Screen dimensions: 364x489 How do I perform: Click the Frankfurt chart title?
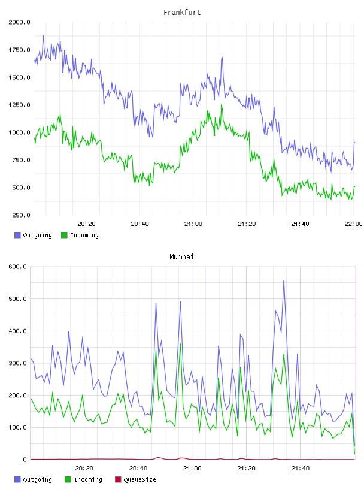182,13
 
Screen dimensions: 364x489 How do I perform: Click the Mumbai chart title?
181,257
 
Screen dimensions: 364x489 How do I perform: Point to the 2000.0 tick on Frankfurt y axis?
19,22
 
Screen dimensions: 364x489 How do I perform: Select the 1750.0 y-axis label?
19,50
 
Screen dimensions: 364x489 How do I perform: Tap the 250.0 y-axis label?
21,215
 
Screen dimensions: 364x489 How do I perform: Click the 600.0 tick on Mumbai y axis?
17,267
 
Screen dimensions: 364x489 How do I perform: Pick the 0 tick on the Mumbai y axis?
25,460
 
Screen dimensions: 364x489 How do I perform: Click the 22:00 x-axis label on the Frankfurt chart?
353,224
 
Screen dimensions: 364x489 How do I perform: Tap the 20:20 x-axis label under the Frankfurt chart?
86,224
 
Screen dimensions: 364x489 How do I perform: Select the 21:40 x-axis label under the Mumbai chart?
301,469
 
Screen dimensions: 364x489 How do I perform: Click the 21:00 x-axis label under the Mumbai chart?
192,469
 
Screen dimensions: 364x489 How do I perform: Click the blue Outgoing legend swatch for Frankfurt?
17,235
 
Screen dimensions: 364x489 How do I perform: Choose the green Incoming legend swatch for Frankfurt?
64,235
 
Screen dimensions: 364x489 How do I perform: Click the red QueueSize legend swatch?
118,479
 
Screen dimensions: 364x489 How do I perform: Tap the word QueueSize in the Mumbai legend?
139,479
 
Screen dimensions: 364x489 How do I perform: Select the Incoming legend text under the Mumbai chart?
88,479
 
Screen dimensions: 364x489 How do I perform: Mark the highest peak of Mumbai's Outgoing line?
284,280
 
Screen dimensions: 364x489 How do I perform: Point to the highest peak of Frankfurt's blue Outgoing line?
43,35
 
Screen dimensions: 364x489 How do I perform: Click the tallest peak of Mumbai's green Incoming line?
180,343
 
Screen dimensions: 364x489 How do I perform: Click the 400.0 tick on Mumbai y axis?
17,331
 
